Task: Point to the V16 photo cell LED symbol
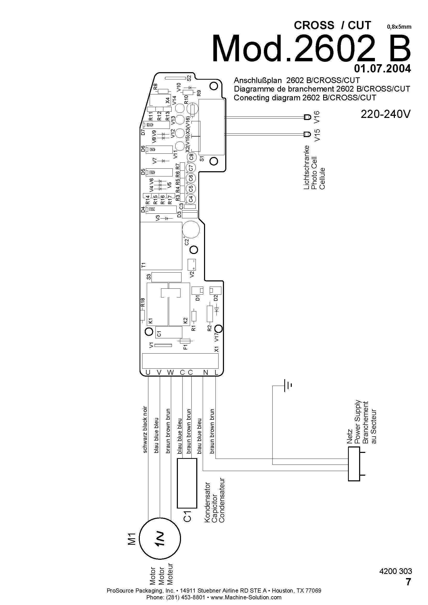pyautogui.click(x=307, y=117)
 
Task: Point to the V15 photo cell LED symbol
pyautogui.click(x=307, y=135)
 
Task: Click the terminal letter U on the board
pyautogui.click(x=148, y=372)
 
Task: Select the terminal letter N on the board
pyautogui.click(x=206, y=372)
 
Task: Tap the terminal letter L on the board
pyautogui.click(x=216, y=372)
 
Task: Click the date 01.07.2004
pyautogui.click(x=382, y=69)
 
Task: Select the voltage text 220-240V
pyautogui.click(x=386, y=114)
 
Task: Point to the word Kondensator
pyautogui.click(x=208, y=502)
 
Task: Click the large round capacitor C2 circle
pyautogui.click(x=191, y=230)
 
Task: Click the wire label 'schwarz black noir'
pyautogui.click(x=145, y=430)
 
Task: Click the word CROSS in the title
pyautogui.click(x=314, y=25)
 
